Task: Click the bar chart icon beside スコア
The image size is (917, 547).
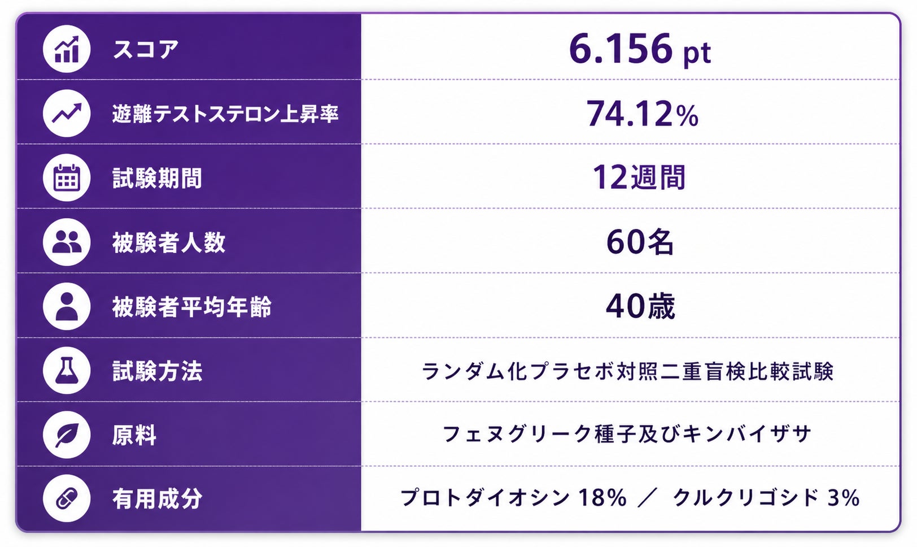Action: pos(67,49)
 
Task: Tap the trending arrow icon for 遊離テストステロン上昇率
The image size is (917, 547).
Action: pos(67,114)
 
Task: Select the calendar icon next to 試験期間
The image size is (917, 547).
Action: pos(67,178)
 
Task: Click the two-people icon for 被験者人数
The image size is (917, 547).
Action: pos(67,242)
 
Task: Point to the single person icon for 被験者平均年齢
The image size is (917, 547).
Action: pos(67,306)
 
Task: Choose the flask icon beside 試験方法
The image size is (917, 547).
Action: pos(67,371)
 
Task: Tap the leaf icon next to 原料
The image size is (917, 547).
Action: pos(67,435)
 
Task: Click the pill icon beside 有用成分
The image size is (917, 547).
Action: pos(67,498)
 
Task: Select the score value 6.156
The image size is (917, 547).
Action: pos(620,49)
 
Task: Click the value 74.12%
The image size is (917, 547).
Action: pos(643,114)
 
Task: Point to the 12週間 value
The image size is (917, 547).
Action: pos(639,177)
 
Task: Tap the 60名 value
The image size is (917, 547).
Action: pos(640,242)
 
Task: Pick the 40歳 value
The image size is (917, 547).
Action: pos(640,306)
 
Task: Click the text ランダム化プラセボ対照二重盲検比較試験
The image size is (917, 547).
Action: pos(627,371)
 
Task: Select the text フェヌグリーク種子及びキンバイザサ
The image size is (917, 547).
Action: pos(627,435)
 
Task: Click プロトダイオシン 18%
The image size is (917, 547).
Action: pos(513,498)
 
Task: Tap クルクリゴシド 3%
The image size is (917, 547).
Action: pos(766,498)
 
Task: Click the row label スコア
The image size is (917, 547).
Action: pos(146,49)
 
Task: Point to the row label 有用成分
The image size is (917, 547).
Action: pos(157,498)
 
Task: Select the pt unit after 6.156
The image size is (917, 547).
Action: pos(697,53)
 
